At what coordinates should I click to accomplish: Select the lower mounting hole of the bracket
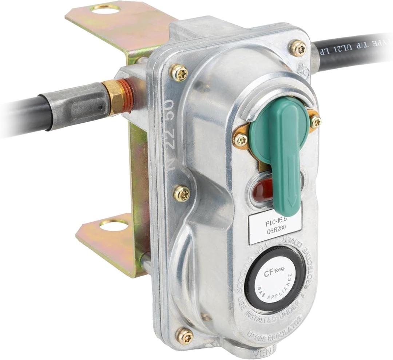114,226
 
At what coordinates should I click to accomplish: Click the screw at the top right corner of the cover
298,48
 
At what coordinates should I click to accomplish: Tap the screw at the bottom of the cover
185,335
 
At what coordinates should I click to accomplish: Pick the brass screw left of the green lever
241,140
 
